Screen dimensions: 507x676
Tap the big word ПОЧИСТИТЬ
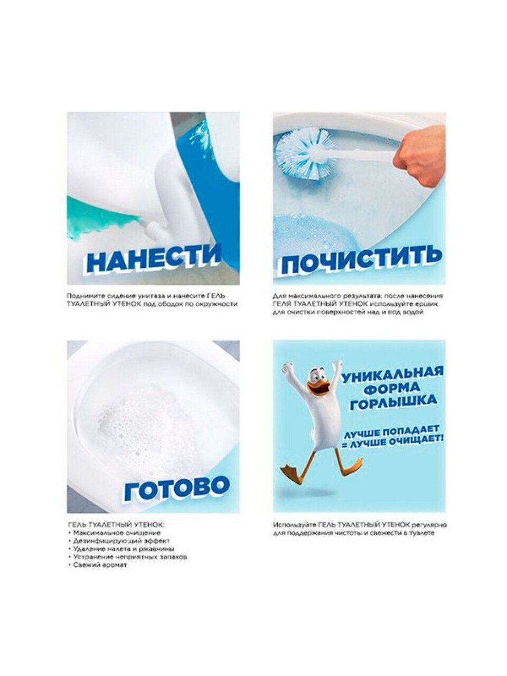(360, 260)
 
